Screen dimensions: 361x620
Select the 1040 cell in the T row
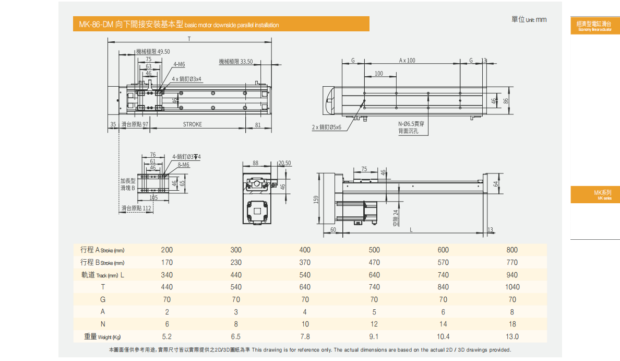click(x=512, y=287)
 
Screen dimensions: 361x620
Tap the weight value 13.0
click(x=512, y=337)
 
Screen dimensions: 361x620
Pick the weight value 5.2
click(x=167, y=337)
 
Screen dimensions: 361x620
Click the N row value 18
click(x=512, y=324)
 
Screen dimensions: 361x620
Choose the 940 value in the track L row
click(x=512, y=275)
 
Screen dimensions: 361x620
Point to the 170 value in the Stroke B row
click(x=167, y=263)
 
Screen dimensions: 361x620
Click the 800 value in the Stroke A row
click(x=512, y=250)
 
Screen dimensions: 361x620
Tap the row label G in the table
click(x=103, y=299)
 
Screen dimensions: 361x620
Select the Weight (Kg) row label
click(x=104, y=337)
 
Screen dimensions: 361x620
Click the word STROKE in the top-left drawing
click(x=193, y=124)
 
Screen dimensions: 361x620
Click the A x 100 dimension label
click(x=407, y=61)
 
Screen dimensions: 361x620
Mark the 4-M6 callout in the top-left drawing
click(x=179, y=64)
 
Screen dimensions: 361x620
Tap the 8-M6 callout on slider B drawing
click(x=183, y=165)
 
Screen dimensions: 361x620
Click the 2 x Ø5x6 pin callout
click(x=326, y=127)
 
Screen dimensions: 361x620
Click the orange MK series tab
click(x=595, y=195)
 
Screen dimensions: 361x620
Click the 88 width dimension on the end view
click(x=255, y=163)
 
